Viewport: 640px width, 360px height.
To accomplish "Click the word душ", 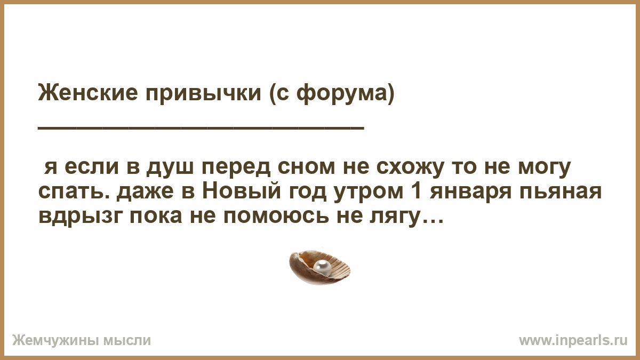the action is click(170, 169).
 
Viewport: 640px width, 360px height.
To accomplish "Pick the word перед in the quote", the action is click(236, 169).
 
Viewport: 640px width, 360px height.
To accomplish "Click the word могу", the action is click(545, 169).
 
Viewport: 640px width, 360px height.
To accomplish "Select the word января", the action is click(470, 192).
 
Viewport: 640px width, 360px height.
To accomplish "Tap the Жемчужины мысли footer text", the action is click(82, 341).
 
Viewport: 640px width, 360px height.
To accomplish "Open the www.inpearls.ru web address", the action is click(573, 341).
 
